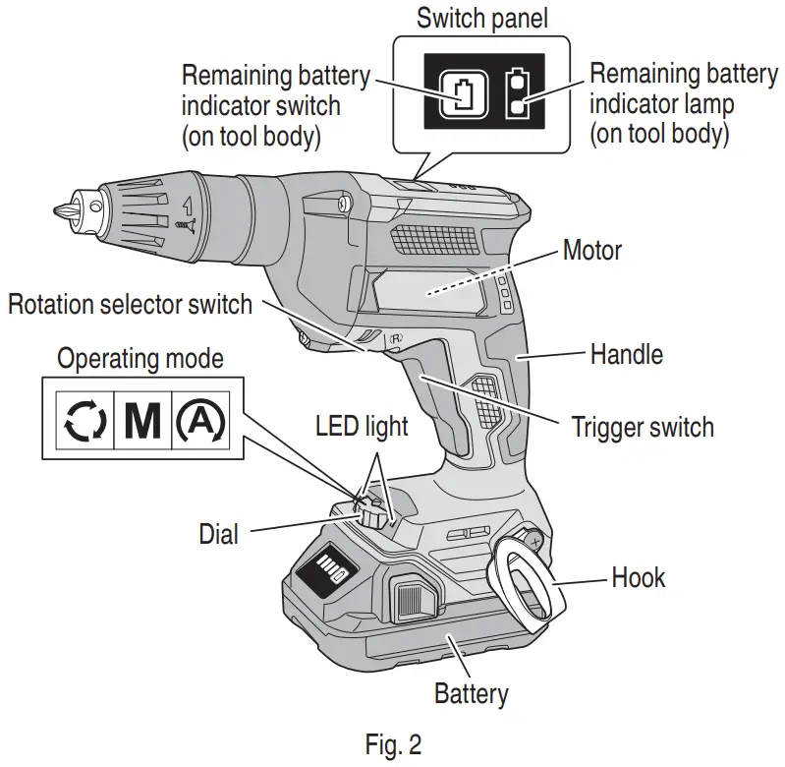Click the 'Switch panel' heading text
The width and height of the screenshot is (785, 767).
[x=480, y=18]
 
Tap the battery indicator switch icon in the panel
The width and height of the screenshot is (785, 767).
[x=461, y=93]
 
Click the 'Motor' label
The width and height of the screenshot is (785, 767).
[x=591, y=250]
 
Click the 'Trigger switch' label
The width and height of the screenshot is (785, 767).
[x=643, y=428]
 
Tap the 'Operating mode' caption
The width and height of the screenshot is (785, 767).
[x=140, y=358]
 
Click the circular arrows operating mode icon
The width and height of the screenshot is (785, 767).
[x=82, y=420]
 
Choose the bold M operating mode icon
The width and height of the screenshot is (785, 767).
[x=142, y=420]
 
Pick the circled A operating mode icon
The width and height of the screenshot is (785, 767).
[x=200, y=420]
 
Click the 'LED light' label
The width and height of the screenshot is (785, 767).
[x=361, y=427]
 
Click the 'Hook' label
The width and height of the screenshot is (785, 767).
[x=638, y=577]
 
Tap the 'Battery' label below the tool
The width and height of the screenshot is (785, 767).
[x=472, y=693]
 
